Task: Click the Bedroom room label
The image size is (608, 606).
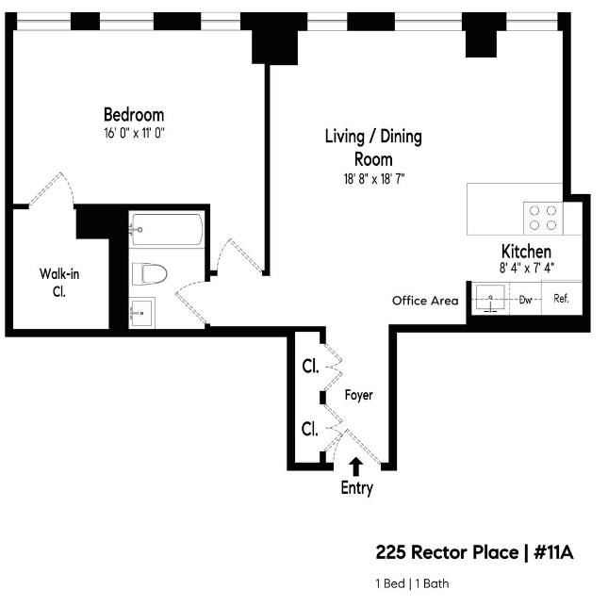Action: [134, 115]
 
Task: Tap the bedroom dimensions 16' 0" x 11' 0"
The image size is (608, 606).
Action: [134, 133]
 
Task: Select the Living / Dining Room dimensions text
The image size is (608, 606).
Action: [374, 179]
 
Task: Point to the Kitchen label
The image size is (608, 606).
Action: [526, 252]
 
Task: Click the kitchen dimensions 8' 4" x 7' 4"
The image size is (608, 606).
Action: [527, 268]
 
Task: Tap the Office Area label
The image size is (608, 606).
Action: [425, 301]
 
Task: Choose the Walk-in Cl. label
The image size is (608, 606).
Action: [59, 282]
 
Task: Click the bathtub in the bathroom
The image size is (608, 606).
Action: [167, 230]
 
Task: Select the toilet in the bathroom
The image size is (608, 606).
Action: [149, 273]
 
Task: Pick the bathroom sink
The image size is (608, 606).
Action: [142, 313]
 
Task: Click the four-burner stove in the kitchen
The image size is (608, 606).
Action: [543, 218]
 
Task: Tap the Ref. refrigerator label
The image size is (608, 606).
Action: [561, 299]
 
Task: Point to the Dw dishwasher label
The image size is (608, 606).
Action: [525, 300]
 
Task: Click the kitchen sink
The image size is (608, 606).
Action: [490, 298]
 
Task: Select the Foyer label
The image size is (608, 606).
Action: [359, 395]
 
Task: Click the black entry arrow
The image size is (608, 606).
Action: [355, 467]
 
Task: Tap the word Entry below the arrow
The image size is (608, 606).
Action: [356, 488]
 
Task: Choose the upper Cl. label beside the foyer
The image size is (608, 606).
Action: [310, 367]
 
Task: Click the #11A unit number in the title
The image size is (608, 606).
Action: [553, 552]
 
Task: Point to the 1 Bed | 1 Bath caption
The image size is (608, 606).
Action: [412, 583]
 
